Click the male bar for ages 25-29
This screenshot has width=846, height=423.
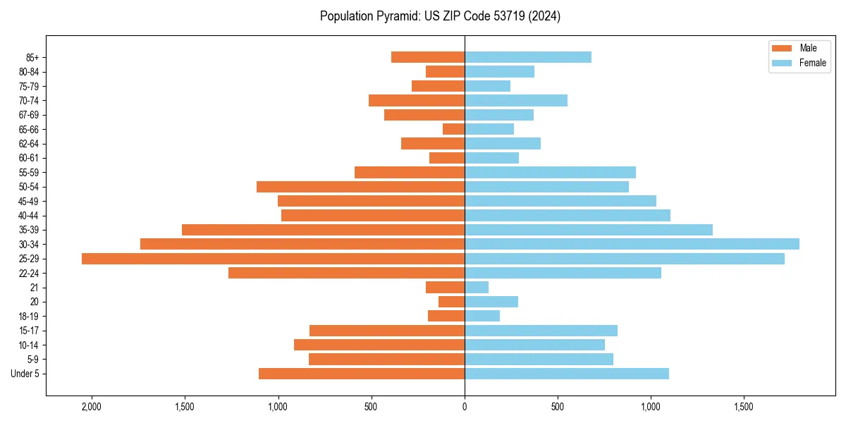point(273,259)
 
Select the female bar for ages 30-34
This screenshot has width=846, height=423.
point(632,244)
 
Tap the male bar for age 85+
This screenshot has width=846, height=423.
point(428,57)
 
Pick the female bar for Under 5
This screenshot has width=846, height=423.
point(567,374)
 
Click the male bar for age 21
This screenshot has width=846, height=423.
point(445,288)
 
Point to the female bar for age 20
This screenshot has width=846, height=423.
point(491,302)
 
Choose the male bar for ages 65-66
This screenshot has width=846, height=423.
point(453,129)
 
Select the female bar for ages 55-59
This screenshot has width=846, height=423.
point(550,172)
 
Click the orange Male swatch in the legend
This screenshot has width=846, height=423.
point(782,48)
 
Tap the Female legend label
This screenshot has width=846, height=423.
point(812,63)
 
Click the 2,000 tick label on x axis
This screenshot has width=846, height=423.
point(92,407)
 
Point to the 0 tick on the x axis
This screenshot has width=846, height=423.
point(465,407)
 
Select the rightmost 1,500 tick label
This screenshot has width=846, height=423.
point(744,407)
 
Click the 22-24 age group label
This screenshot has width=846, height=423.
point(29,273)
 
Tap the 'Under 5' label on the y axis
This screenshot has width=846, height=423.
point(25,374)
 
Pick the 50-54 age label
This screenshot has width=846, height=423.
point(29,187)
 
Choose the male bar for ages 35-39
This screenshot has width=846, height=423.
point(323,230)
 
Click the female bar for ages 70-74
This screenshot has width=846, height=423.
point(516,100)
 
